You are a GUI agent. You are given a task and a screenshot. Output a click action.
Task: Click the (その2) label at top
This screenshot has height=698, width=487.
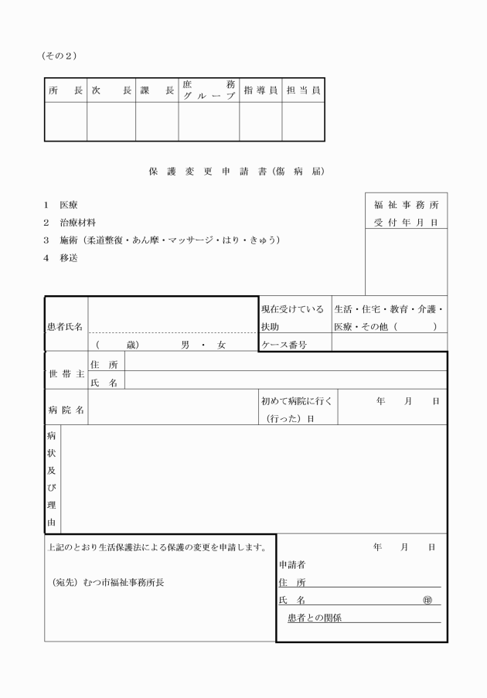point(60,56)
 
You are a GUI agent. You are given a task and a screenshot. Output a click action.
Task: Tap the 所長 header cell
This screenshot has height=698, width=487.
point(65,90)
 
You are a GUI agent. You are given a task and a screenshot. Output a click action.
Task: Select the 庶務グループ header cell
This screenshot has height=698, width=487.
point(209,90)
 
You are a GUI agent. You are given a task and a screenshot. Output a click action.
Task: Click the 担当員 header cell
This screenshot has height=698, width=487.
point(303,90)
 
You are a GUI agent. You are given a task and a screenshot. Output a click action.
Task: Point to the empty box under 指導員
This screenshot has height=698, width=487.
point(261,122)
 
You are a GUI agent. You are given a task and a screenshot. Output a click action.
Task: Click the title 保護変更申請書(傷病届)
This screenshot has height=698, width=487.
point(235,171)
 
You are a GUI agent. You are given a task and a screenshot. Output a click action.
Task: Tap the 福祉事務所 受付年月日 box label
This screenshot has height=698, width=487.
point(406,213)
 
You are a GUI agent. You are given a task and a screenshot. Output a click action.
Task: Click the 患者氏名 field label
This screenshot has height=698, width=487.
point(66,327)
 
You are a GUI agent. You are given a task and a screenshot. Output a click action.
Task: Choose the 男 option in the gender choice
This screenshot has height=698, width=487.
point(186,346)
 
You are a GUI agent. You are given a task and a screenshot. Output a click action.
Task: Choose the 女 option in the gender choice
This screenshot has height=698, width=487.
point(221,346)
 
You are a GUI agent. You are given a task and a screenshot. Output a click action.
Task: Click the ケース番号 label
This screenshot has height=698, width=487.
point(284,346)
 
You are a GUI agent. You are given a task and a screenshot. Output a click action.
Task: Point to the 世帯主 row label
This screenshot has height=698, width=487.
point(66,373)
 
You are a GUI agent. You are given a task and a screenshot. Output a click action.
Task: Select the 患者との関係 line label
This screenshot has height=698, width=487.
point(315,618)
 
